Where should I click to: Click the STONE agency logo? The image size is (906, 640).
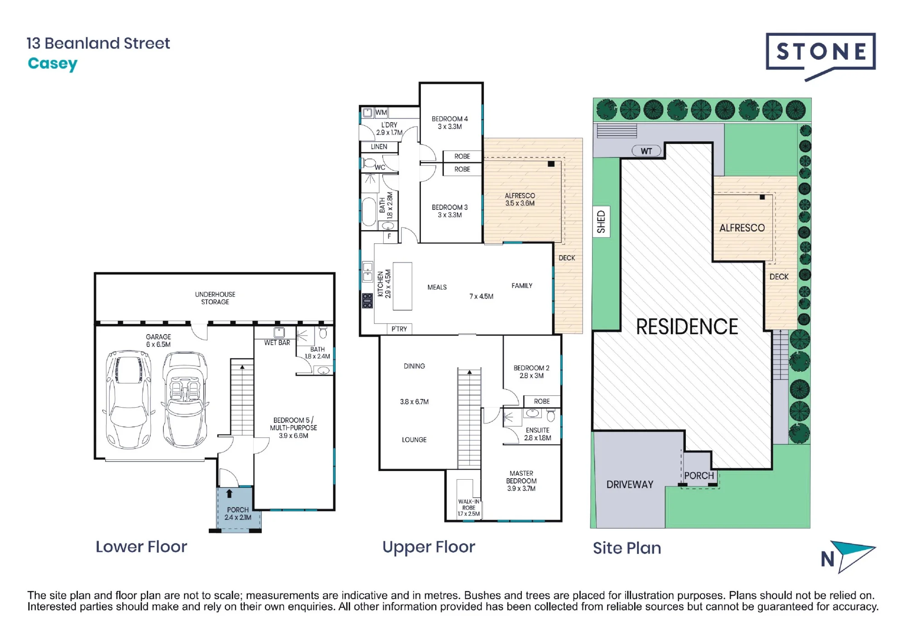tap(820, 56)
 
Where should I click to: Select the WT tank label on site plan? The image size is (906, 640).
tap(646, 151)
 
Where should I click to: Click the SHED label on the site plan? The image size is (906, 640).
tap(602, 221)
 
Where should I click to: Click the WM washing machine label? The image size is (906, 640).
tap(381, 112)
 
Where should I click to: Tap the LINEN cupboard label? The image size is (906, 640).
tap(379, 147)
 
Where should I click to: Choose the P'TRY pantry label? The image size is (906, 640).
tap(399, 329)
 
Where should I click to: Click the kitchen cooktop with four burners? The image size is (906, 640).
tap(367, 301)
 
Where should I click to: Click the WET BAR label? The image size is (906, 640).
tap(277, 343)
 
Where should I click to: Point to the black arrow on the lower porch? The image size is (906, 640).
tap(229, 494)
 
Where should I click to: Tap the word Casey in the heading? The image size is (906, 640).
tap(53, 64)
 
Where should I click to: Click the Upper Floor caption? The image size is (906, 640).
tap(429, 547)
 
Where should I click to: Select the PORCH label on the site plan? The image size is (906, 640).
tap(699, 476)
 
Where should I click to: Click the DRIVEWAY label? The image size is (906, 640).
tap(630, 485)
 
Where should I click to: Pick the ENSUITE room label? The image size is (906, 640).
tap(538, 430)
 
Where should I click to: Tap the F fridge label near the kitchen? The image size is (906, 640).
tap(389, 236)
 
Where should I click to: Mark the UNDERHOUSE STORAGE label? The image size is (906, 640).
tap(215, 298)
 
